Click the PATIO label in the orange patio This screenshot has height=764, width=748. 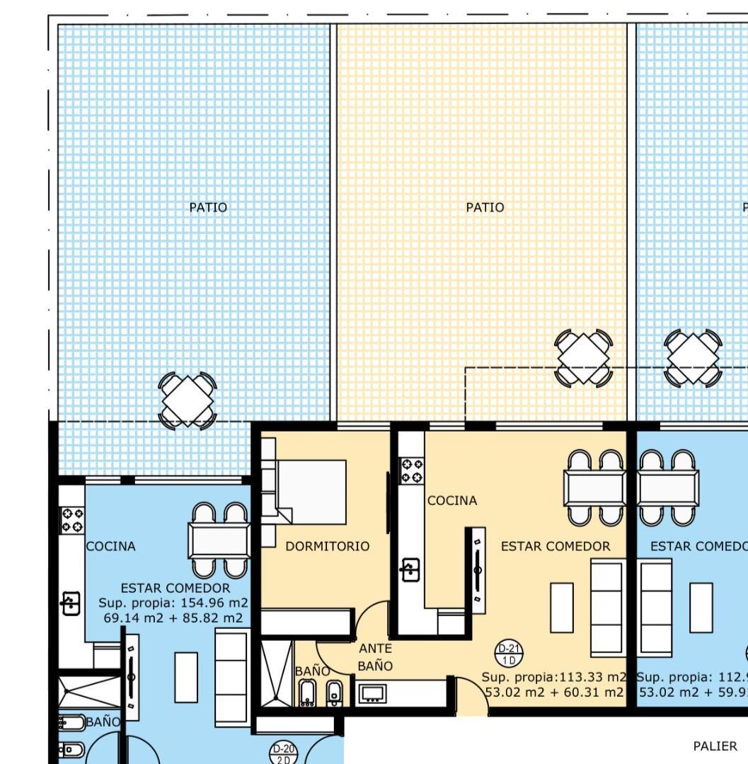pyautogui.click(x=485, y=207)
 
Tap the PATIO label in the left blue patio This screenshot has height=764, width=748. pyautogui.click(x=208, y=207)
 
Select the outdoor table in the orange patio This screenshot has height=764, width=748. pyautogui.click(x=583, y=358)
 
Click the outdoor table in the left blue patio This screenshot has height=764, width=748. pyautogui.click(x=187, y=401)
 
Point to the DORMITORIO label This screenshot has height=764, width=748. pyautogui.click(x=327, y=546)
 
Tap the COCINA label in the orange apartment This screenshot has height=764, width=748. pyautogui.click(x=452, y=501)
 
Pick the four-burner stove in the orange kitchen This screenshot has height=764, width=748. pyautogui.click(x=412, y=470)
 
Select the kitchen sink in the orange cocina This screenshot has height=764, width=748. pyautogui.click(x=410, y=569)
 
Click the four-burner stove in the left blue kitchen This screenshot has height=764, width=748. pyautogui.click(x=71, y=520)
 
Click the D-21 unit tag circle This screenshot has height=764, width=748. pyautogui.click(x=509, y=654)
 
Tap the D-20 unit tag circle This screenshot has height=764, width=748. pyautogui.click(x=284, y=753)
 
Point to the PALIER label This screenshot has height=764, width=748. pyautogui.click(x=715, y=746)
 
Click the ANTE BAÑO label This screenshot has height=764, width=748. pyautogui.click(x=375, y=657)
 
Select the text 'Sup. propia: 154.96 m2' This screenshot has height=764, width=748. pyautogui.click(x=174, y=603)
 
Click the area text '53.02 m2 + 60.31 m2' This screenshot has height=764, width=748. pyautogui.click(x=555, y=691)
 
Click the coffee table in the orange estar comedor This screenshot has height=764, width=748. pyautogui.click(x=562, y=607)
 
